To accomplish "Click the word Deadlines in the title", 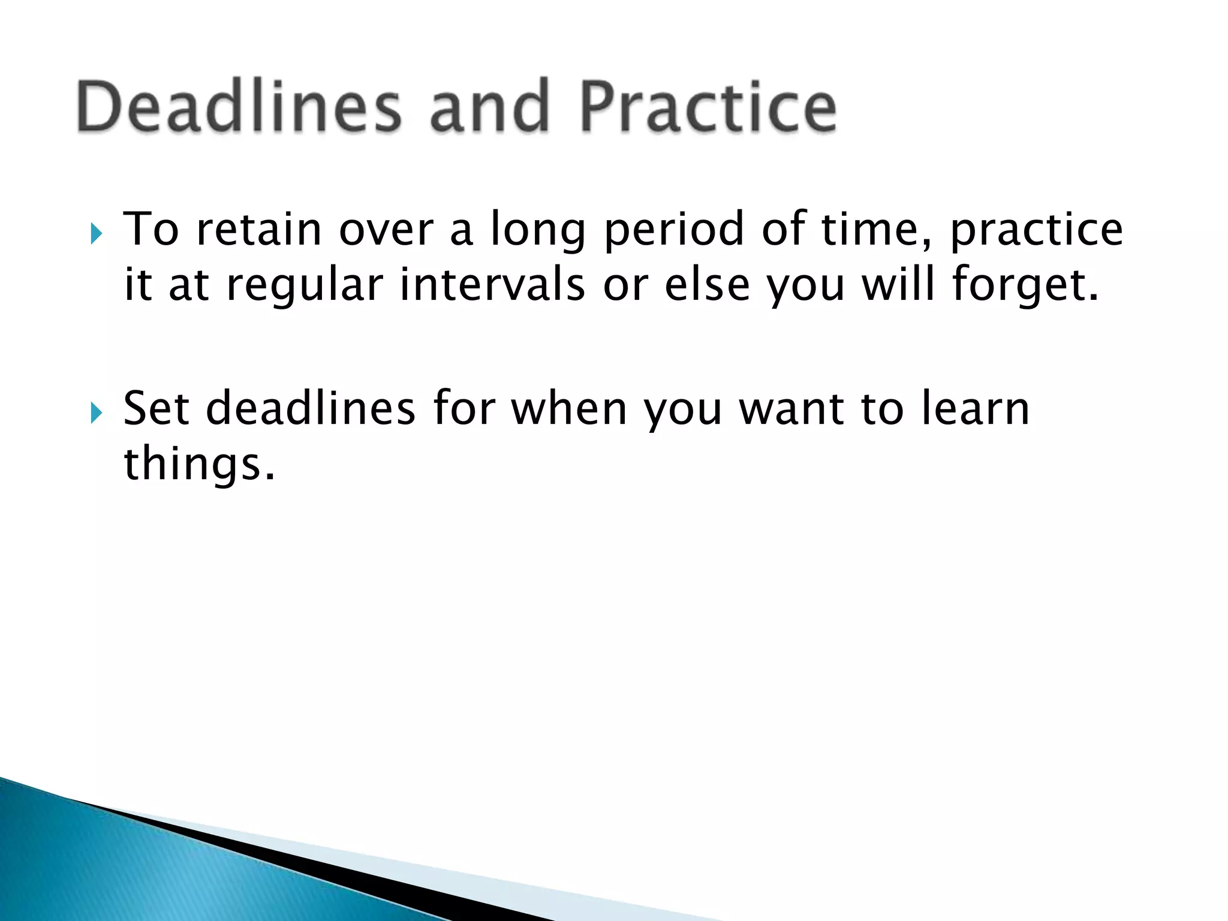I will point(239,107).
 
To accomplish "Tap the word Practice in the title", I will point(708,107).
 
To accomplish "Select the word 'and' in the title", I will point(490,107).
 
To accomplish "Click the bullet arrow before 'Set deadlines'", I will point(97,413).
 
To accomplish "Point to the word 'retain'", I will point(259,229).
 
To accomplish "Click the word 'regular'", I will point(305,286).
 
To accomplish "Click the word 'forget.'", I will point(1026,286).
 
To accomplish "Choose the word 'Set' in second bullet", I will point(156,409).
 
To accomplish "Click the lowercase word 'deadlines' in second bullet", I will point(311,409).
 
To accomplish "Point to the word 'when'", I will point(568,409).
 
